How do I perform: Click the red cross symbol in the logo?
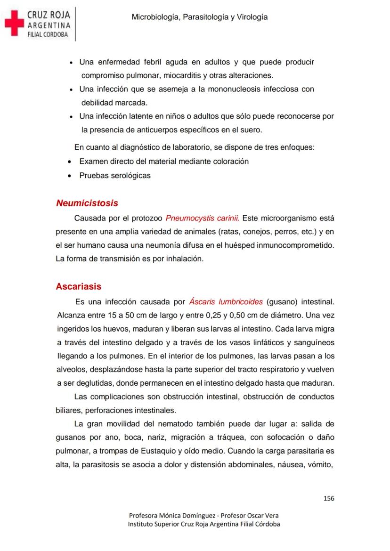[14, 23]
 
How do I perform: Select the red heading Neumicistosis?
[87, 203]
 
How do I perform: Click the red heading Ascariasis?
[78, 286]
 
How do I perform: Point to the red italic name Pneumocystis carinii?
[203, 218]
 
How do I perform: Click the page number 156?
[329, 498]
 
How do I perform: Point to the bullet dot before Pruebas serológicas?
[70, 176]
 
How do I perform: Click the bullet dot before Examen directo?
[70, 162]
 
